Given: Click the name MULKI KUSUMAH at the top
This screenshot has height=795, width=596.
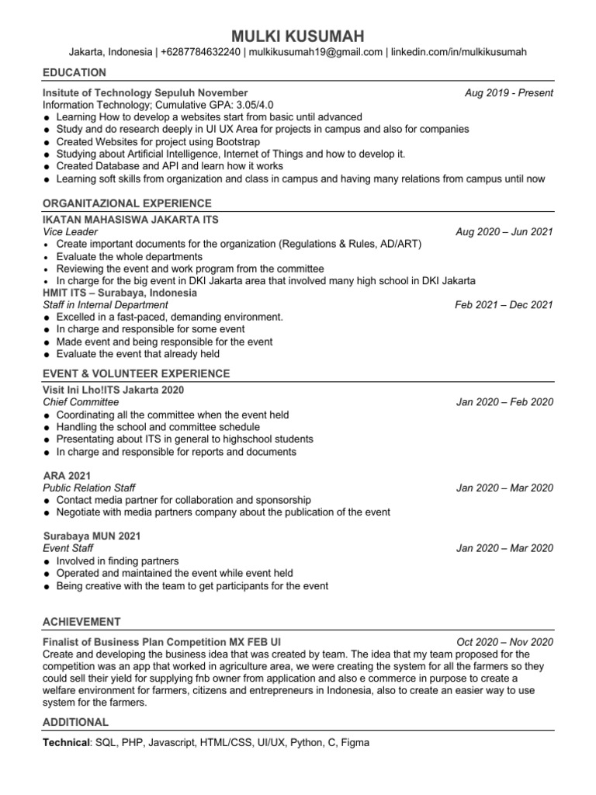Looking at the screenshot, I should tap(297, 36).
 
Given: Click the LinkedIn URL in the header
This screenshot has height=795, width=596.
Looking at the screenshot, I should tap(459, 52).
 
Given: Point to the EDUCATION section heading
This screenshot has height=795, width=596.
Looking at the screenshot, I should tap(74, 72).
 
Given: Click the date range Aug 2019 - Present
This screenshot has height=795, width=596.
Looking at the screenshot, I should tap(508, 92).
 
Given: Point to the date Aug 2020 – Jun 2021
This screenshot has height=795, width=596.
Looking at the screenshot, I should tap(504, 232).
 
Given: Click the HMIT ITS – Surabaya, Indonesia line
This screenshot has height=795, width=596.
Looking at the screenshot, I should tap(120, 293).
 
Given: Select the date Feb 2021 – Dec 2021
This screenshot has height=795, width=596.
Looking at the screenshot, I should tap(504, 305).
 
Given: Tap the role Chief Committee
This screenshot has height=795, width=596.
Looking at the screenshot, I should tap(81, 402).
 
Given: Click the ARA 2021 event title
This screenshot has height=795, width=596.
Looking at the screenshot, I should tap(67, 475).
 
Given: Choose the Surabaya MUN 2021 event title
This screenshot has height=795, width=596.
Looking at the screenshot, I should tap(92, 536).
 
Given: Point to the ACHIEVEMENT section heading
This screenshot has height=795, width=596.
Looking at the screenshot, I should tap(81, 621).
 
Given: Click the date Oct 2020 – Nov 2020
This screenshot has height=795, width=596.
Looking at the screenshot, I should tap(504, 642).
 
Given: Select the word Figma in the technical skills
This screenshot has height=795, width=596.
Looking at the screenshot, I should tap(355, 742).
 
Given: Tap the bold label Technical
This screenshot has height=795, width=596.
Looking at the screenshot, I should tap(66, 742).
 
